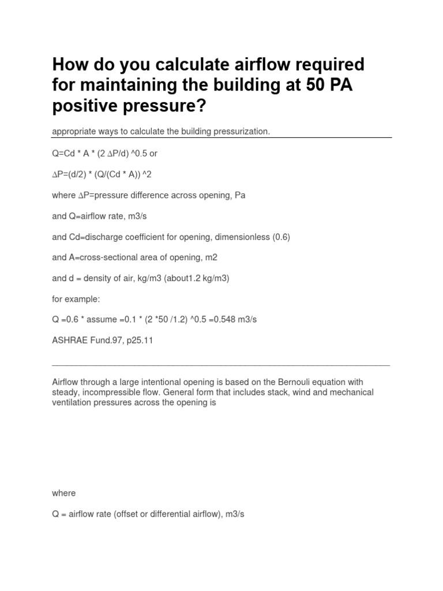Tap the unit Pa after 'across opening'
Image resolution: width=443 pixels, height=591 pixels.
[239, 195]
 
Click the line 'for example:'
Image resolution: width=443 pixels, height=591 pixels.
[76, 299]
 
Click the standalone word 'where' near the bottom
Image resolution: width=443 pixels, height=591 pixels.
[63, 493]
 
